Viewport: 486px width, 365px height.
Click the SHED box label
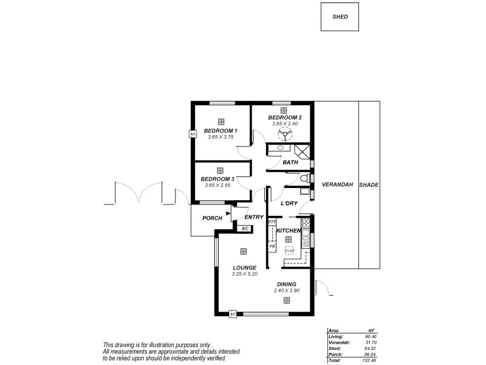click(x=341, y=17)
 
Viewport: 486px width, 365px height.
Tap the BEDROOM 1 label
click(x=221, y=131)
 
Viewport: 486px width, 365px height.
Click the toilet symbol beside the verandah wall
click(x=304, y=178)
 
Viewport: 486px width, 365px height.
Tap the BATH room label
click(x=290, y=162)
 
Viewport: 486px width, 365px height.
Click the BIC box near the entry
click(x=245, y=228)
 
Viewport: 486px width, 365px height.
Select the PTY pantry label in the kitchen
click(x=272, y=223)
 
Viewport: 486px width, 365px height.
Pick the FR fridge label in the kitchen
click(x=272, y=246)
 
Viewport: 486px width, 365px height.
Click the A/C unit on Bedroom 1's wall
click(x=193, y=134)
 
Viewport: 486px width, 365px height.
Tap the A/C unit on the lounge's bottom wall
click(x=233, y=314)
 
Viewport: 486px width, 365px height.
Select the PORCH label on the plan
click(x=212, y=218)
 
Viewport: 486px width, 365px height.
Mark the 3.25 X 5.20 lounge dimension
click(x=244, y=274)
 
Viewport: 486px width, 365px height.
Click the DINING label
click(x=287, y=284)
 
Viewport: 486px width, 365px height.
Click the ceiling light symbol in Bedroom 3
click(x=220, y=171)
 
